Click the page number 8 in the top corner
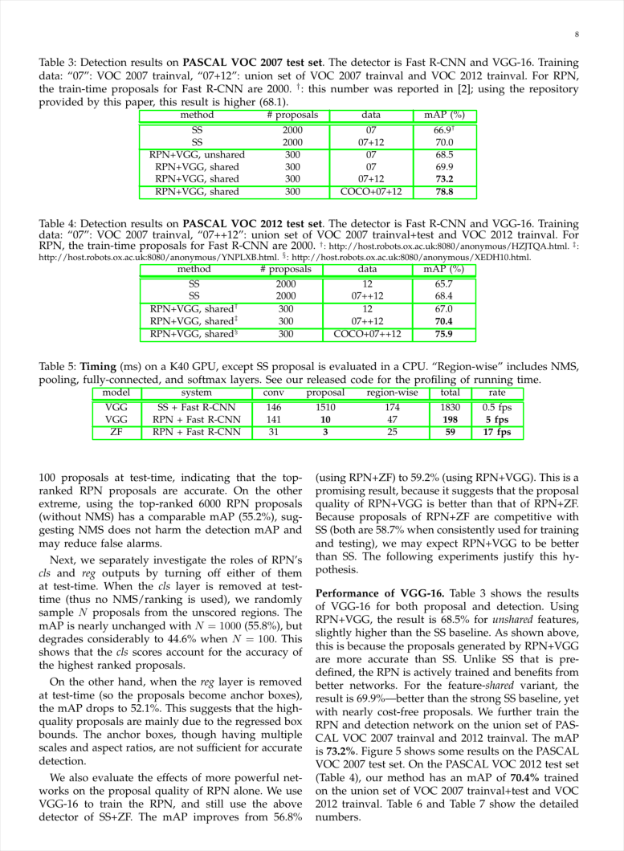click(577, 34)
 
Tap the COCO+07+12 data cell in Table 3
click(371, 192)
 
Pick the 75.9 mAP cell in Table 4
click(444, 333)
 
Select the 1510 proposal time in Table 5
click(325, 408)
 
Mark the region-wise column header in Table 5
click(392, 393)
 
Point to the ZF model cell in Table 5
click(116, 433)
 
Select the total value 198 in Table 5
click(450, 420)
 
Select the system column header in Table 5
click(197, 393)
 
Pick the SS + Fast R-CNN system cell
click(197, 408)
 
